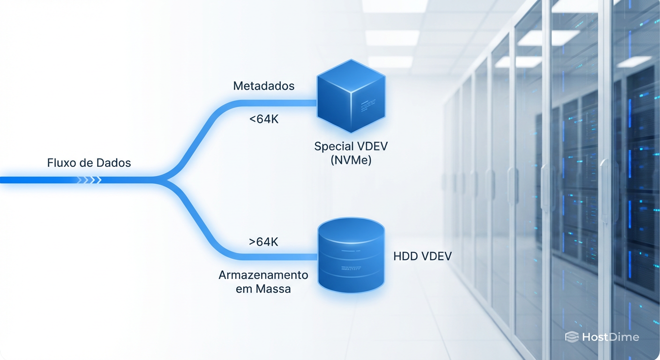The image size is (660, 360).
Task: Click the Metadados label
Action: (264, 86)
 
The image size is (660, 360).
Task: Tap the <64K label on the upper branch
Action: (264, 120)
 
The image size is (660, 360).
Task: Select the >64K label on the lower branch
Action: (263, 242)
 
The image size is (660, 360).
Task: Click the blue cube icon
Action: (351, 96)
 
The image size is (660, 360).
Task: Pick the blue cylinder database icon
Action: (351, 255)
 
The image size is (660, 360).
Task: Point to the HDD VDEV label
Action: (422, 256)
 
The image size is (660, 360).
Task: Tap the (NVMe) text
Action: (351, 160)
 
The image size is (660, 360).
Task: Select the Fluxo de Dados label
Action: (89, 163)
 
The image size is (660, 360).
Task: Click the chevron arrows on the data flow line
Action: (89, 180)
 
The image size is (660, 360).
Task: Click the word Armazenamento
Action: (263, 275)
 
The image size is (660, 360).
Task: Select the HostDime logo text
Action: (610, 337)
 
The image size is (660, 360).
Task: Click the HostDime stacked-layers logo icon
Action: (572, 337)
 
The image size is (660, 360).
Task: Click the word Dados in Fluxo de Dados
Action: (113, 163)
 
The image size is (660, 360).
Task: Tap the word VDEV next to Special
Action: (372, 146)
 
